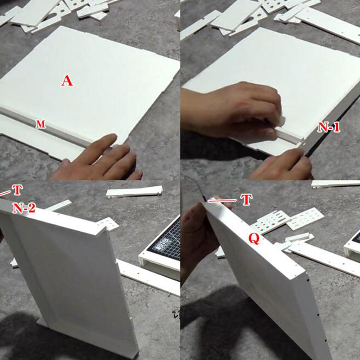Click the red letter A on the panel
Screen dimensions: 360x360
point(67,81)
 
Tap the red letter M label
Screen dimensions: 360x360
point(41,124)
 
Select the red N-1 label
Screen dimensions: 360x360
point(329,127)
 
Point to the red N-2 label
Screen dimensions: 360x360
point(24,208)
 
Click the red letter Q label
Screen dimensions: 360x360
point(254,239)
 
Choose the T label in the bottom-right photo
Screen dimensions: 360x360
point(246,200)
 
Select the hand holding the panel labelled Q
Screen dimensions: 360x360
point(200,234)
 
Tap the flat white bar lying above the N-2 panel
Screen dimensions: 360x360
point(134,192)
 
